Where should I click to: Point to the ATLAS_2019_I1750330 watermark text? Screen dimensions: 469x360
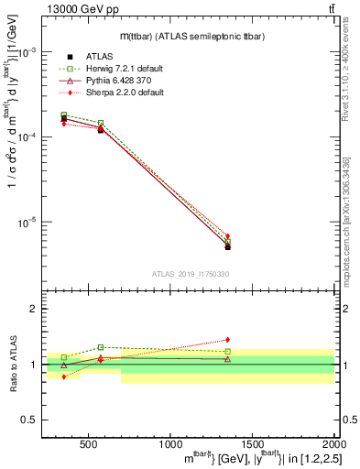[190, 274]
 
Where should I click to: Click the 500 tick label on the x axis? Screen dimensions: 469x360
[89, 445]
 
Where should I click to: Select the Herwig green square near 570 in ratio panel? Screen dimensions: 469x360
[101, 347]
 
